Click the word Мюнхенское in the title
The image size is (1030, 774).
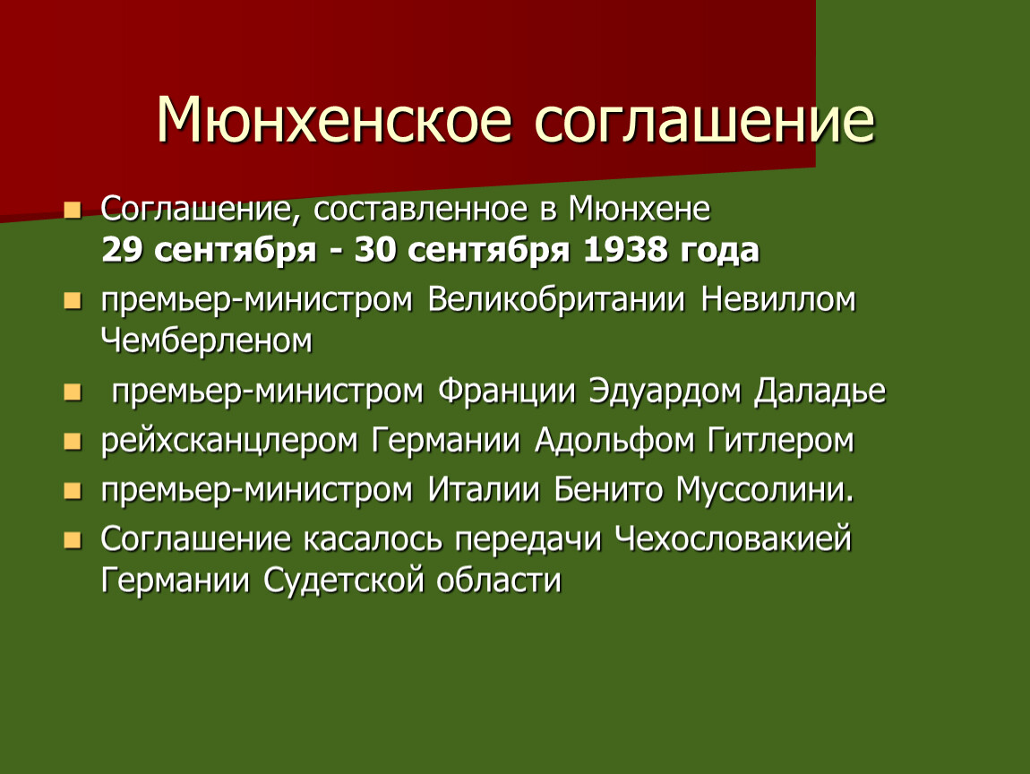tap(334, 119)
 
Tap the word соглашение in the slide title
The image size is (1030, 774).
tap(705, 119)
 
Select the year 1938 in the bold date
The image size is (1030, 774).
tap(625, 250)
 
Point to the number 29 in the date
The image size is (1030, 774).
tap(122, 250)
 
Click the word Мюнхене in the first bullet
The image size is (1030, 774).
tap(639, 209)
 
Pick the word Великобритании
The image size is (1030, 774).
tap(556, 299)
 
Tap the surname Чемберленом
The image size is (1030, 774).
tap(206, 341)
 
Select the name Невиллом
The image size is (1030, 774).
tap(778, 299)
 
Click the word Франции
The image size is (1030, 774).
tap(506, 391)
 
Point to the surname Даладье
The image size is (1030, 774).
tap(820, 391)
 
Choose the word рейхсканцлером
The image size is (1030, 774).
tap(229, 440)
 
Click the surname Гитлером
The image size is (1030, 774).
tap(781, 440)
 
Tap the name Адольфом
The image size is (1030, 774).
tap(614, 440)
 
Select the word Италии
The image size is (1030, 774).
tap(484, 489)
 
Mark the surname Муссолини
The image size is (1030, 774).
tap(765, 489)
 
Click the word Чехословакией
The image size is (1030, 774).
tap(733, 539)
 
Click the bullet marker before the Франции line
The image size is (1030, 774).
tap(73, 393)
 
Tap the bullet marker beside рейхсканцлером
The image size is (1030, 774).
tap(73, 442)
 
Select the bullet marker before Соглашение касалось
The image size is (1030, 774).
tap(73, 540)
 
